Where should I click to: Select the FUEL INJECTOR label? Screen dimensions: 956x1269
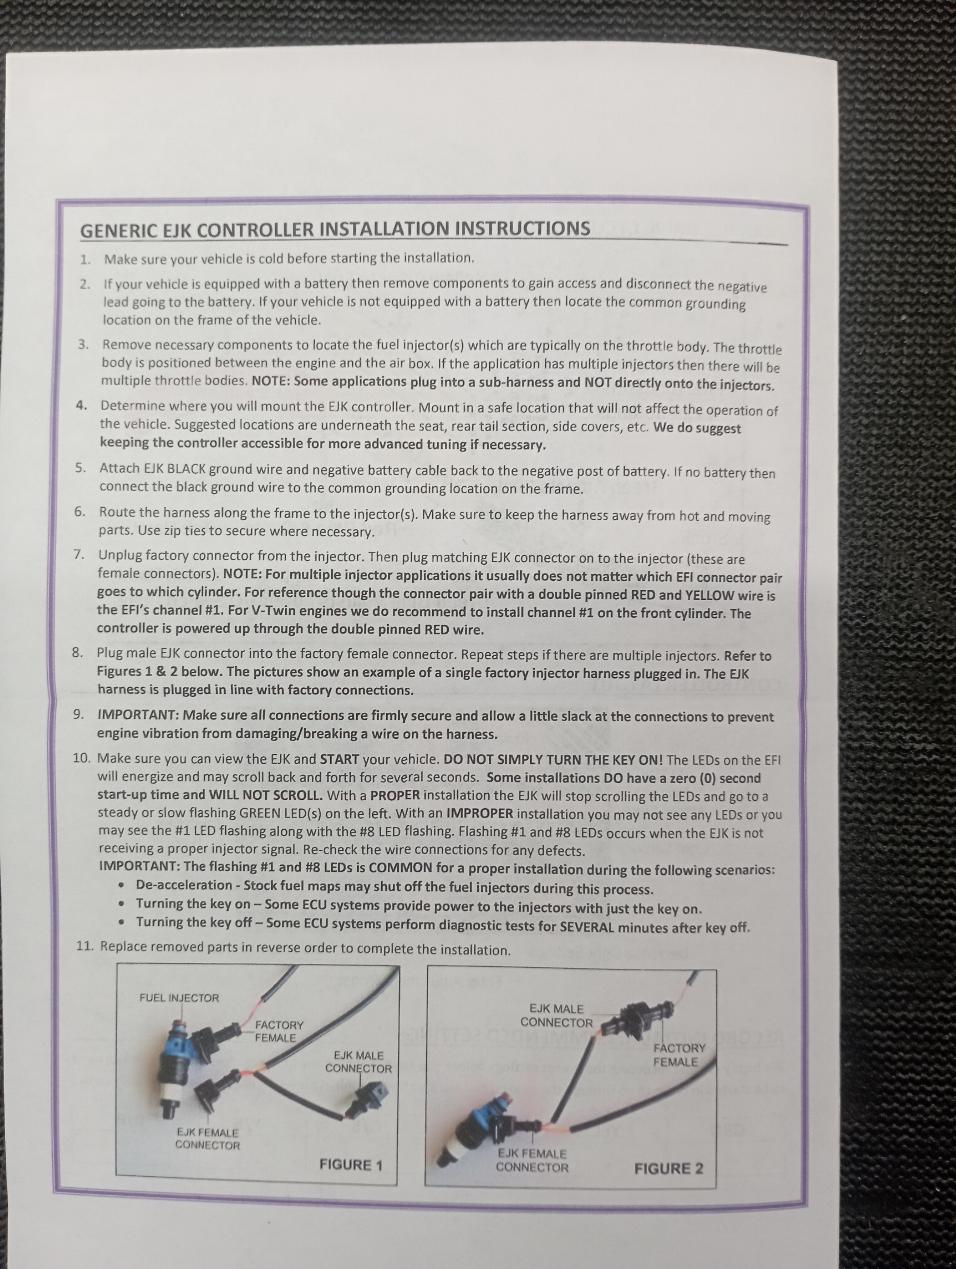pyautogui.click(x=179, y=998)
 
